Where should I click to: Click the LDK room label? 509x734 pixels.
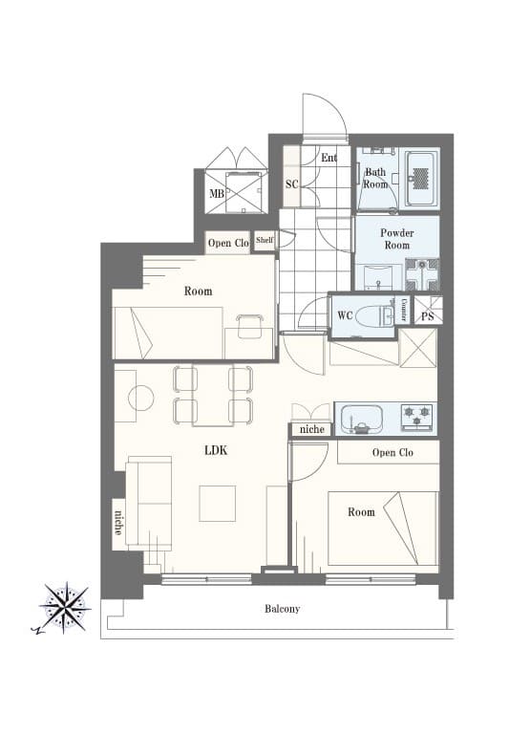tap(216, 450)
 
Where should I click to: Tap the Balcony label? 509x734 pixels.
tap(282, 609)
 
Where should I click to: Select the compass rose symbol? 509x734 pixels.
tap(65, 608)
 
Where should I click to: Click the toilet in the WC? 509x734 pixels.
tap(377, 315)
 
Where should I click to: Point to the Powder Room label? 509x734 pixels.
tap(396, 239)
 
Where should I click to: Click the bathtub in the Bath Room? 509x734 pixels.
tap(422, 178)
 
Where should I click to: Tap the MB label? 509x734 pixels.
tap(217, 193)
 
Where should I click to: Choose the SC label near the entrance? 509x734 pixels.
tap(292, 183)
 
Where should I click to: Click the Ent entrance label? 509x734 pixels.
tap(329, 158)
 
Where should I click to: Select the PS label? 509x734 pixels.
tap(428, 316)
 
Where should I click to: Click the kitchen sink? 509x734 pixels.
tap(362, 419)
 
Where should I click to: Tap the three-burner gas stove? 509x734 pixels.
tap(417, 418)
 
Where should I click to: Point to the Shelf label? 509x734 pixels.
tap(265, 240)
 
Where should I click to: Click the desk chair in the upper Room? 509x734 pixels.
tap(249, 326)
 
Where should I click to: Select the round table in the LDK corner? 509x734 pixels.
tap(140, 398)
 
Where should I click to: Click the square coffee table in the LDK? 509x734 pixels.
tap(217, 504)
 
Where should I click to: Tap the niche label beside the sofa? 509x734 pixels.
tap(118, 523)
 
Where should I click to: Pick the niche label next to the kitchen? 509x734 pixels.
tap(311, 429)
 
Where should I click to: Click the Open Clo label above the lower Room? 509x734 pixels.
tap(392, 452)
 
